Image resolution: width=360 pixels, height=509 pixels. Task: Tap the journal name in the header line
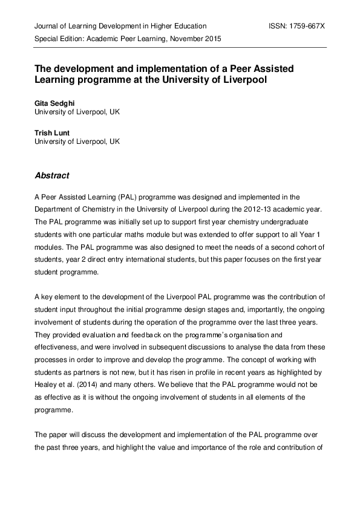[x=120, y=26]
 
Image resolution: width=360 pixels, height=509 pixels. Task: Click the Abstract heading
[x=52, y=176]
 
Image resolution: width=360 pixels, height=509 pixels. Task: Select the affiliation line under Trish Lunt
[x=77, y=141]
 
